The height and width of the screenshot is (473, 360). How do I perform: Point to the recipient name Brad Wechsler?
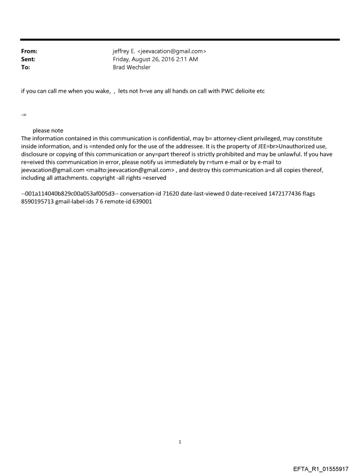tap(132, 67)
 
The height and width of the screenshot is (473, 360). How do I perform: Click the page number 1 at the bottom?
tap(180, 442)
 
